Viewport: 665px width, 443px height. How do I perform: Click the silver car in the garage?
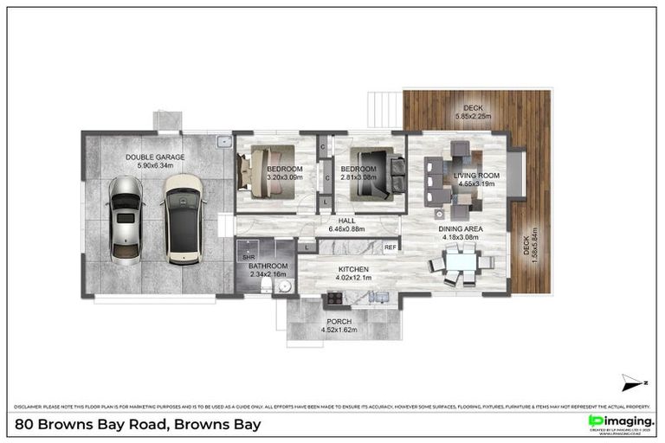coord(126,220)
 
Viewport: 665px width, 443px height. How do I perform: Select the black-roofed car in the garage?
coord(182,218)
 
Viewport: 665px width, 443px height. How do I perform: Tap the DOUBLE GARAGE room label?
coord(155,157)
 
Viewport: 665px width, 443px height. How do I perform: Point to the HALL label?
coord(347,221)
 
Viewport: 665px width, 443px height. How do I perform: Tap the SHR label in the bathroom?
coord(248,257)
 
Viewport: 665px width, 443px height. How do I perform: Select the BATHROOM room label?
coord(268,266)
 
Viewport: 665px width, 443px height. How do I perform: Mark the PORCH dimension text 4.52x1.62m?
coord(345,329)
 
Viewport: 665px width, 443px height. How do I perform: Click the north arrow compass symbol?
coord(633,382)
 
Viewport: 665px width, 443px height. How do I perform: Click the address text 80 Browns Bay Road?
coord(139,424)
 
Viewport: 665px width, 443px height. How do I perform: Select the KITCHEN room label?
coord(353,270)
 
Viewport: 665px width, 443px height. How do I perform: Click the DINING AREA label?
coord(462,228)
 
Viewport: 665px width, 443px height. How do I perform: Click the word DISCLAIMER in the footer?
coord(32,406)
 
